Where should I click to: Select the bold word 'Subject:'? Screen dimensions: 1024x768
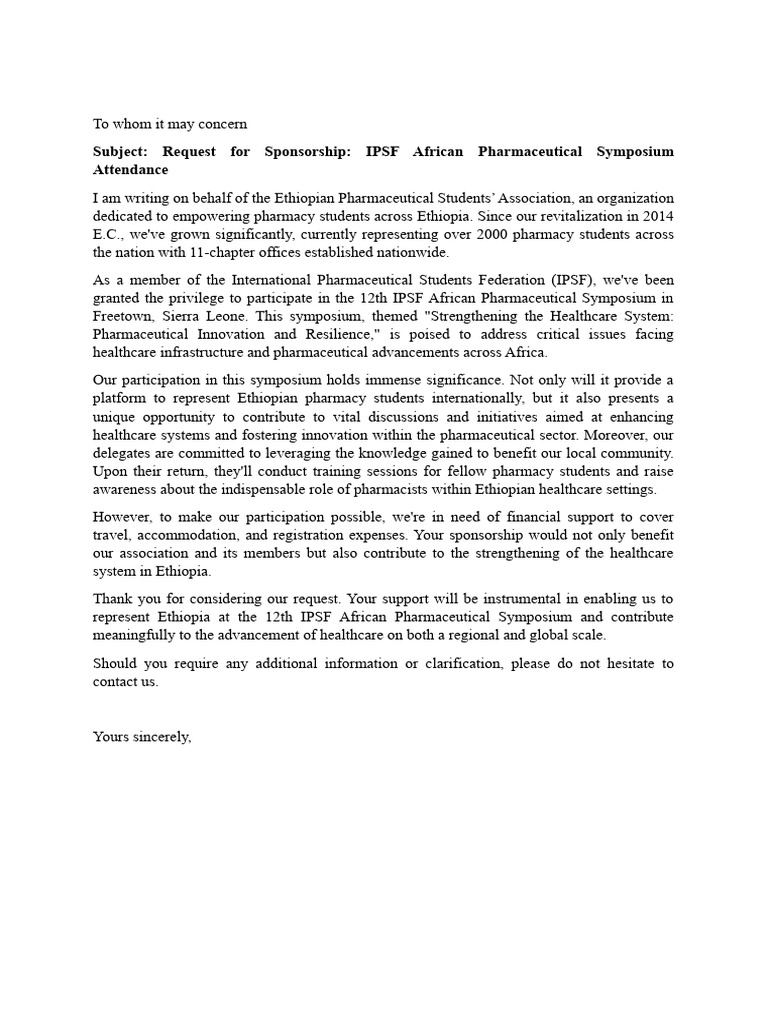point(121,152)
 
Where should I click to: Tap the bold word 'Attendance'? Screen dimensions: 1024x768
point(131,170)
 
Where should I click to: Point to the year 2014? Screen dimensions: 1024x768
point(655,216)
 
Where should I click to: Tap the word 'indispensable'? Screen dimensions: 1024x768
point(325,488)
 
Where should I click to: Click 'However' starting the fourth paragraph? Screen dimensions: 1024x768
point(120,516)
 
